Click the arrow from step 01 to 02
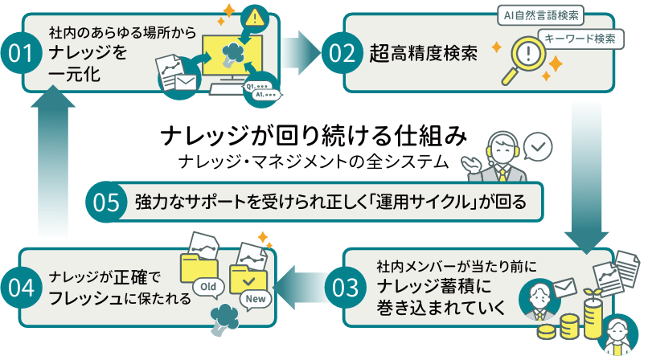(304, 51)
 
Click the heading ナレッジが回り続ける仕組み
(313, 134)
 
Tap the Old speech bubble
(209, 285)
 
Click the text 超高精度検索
(424, 54)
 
